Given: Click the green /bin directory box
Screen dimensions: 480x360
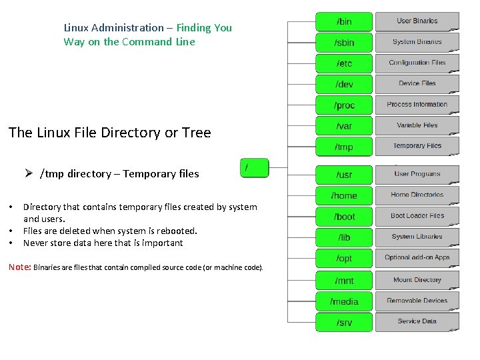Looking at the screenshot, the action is pyautogui.click(x=343, y=21).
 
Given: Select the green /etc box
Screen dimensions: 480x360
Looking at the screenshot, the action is pyautogui.click(x=343, y=63).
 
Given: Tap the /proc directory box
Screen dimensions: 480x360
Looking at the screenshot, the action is pyautogui.click(x=343, y=105).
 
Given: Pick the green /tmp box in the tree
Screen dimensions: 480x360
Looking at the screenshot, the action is pyautogui.click(x=343, y=147).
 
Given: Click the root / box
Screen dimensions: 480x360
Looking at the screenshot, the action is pyautogui.click(x=254, y=168).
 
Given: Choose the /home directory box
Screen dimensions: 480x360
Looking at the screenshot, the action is pyautogui.click(x=343, y=195).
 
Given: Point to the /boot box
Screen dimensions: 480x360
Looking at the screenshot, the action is pyautogui.click(x=343, y=217).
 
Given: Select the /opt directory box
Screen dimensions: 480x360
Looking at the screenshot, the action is pyautogui.click(x=343, y=259).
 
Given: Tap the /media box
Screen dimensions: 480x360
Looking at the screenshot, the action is pyautogui.click(x=343, y=301).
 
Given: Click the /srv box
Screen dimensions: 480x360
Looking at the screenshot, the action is pyautogui.click(x=343, y=323).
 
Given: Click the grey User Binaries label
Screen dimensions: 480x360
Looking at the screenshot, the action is pyautogui.click(x=417, y=21).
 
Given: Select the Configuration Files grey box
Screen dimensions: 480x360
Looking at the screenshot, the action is pyautogui.click(x=417, y=63).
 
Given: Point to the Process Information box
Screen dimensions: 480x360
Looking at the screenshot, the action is pyautogui.click(x=417, y=105).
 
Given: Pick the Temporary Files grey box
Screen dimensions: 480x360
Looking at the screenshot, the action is pyautogui.click(x=417, y=146).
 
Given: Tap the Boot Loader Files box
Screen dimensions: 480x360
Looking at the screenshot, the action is pyautogui.click(x=417, y=216).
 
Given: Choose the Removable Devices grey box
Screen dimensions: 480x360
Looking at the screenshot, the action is pyautogui.click(x=417, y=301).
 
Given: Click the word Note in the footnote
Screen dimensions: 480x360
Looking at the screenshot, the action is pyautogui.click(x=19, y=267).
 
